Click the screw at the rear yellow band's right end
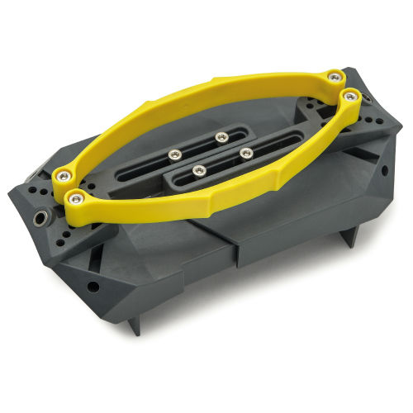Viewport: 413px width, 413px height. click(334, 77)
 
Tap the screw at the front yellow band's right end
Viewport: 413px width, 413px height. click(350, 97)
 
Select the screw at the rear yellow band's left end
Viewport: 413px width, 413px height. click(62, 175)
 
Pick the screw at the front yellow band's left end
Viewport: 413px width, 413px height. click(77, 198)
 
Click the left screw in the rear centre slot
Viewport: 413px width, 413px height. click(174, 154)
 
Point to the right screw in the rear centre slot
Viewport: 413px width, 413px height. click(221, 137)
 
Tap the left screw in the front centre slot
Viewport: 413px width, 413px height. click(199, 171)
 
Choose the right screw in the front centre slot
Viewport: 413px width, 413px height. click(246, 153)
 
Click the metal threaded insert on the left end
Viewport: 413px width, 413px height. click(40, 221)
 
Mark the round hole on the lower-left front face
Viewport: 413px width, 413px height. click(93, 287)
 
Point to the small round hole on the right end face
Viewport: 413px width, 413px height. click(382, 171)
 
